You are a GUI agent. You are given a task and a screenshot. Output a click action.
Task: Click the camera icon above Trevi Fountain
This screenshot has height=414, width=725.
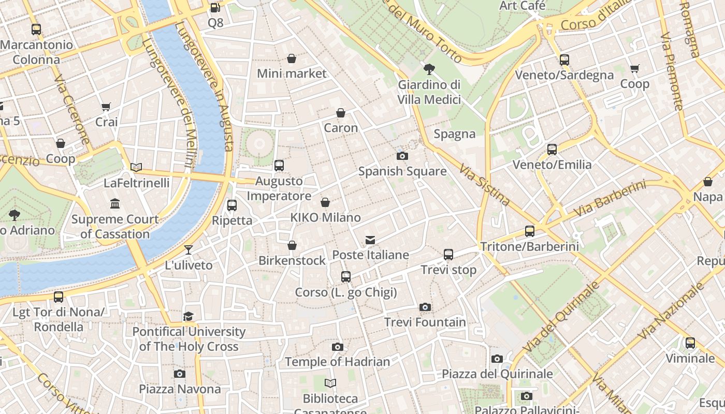425,307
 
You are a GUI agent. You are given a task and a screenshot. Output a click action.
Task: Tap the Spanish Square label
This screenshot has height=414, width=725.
402,171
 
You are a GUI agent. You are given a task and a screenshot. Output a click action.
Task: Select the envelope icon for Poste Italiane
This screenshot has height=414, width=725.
370,240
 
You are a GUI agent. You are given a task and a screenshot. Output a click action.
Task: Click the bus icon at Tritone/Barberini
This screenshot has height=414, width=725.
529,231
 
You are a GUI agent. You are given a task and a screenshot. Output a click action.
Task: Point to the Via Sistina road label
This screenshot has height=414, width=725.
485,184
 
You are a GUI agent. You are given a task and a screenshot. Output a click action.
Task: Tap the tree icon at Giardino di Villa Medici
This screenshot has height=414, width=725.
429,69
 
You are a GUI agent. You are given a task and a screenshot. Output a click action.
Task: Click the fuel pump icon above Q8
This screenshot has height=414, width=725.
215,8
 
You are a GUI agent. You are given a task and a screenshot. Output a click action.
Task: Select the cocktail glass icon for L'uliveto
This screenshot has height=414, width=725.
189,250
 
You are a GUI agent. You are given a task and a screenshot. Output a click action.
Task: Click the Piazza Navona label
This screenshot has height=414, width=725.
180,389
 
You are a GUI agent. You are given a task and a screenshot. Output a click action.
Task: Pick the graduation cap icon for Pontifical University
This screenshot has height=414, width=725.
189,316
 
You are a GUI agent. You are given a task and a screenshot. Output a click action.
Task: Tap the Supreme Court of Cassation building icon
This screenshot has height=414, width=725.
115,204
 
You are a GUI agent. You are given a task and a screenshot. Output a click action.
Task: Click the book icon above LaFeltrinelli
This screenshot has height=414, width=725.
136,167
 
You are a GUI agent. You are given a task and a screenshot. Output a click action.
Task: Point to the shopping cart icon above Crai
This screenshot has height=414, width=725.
106,107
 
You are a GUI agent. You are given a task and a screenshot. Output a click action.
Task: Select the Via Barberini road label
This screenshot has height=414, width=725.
611,199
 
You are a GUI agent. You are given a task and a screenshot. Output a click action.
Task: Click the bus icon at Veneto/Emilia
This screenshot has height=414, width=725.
552,150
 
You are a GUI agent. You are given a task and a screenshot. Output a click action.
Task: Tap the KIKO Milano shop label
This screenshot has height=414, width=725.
325,217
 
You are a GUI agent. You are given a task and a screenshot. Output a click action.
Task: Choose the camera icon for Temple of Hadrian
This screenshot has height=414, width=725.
338,347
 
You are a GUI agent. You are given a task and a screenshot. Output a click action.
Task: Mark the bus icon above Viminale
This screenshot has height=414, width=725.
690,343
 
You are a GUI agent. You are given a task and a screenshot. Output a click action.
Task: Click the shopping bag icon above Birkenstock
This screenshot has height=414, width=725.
292,245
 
